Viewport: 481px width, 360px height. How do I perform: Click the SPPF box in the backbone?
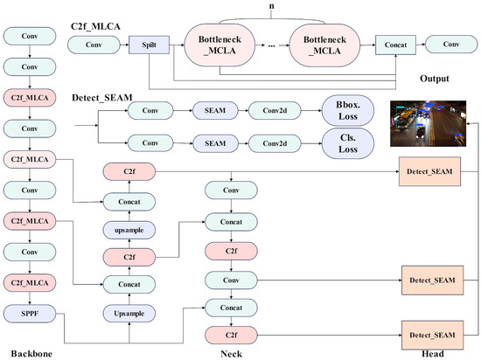click(x=30, y=312)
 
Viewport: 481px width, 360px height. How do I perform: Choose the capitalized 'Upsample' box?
click(x=129, y=312)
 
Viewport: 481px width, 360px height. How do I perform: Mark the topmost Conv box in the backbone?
click(x=30, y=36)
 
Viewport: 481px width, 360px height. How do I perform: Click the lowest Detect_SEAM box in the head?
click(x=429, y=334)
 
